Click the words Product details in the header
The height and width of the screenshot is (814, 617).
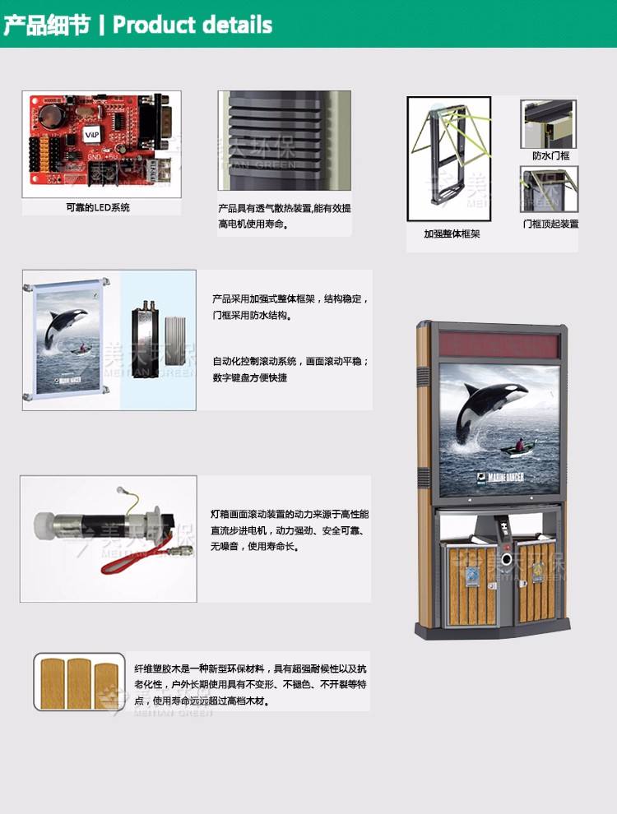coord(193,25)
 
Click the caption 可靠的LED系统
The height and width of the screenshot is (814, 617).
coord(98,207)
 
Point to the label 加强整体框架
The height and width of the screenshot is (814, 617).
coord(452,234)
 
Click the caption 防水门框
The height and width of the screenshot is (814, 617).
coord(550,155)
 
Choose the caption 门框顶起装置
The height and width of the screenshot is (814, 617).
coord(550,223)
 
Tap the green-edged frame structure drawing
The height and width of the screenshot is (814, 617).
coord(448,158)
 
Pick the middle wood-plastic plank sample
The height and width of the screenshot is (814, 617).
coord(80,682)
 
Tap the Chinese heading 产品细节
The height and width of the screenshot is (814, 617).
coord(46,25)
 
